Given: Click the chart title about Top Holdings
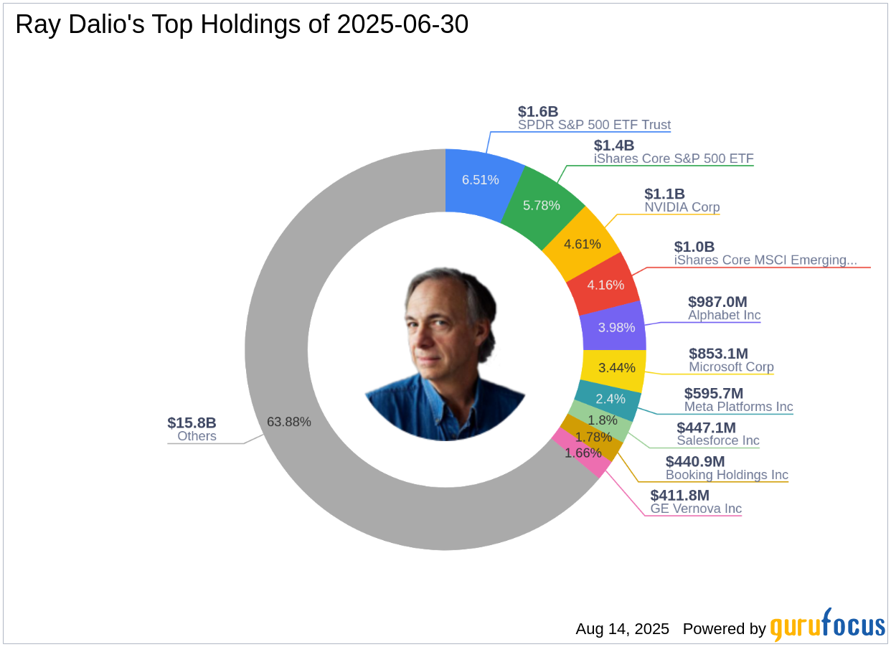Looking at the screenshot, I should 242,24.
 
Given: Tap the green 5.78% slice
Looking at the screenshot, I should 541,204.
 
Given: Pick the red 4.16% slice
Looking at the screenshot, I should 604,284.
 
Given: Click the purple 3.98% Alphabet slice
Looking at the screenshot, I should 615,326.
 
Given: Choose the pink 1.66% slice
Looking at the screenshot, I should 583,453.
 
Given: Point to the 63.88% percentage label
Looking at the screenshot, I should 288,422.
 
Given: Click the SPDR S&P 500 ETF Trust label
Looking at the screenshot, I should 594,125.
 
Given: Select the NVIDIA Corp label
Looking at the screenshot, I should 682,207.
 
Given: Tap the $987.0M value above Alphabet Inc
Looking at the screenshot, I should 717,302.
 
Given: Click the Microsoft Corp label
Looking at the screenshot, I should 731,367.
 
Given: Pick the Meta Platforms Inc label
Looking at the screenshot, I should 738,407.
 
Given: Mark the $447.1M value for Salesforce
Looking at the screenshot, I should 706,428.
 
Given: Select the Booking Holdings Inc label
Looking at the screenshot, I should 727,475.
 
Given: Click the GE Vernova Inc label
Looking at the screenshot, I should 696,509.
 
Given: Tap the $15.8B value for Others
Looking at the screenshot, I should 192,423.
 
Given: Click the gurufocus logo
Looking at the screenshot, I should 827,625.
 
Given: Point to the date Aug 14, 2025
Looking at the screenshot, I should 622,629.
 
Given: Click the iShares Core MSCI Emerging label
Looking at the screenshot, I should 765,260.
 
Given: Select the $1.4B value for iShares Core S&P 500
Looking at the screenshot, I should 614,146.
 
